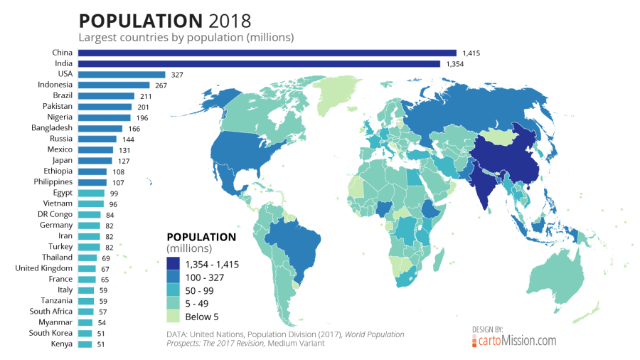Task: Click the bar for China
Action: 267,53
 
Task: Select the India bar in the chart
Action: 259,63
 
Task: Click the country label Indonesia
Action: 55,85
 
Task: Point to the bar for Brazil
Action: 106,96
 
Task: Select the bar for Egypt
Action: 91,193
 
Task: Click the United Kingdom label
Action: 44,268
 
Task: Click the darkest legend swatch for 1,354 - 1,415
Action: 174,263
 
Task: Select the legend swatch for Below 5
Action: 174,317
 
